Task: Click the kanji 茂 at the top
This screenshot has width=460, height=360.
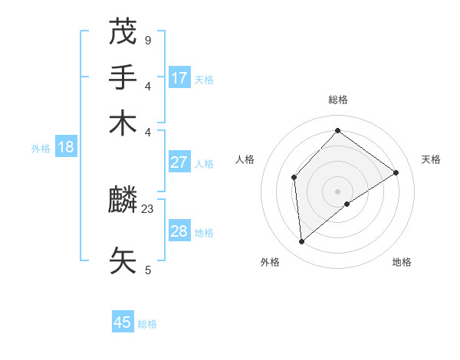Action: point(124,32)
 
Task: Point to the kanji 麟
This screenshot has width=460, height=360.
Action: point(124,201)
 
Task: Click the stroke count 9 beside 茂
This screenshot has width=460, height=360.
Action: point(147,40)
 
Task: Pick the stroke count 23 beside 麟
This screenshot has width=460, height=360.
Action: point(148,208)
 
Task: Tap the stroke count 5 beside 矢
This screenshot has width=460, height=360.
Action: point(147,270)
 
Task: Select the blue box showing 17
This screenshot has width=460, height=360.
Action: point(179,77)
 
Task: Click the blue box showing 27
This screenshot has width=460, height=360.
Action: point(179,162)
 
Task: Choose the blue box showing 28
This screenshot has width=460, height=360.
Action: point(179,231)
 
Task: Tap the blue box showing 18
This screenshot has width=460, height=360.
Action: point(65,147)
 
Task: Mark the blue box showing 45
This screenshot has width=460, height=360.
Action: point(123,322)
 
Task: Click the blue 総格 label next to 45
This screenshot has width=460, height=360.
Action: point(147,324)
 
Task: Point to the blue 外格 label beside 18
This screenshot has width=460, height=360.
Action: point(41,149)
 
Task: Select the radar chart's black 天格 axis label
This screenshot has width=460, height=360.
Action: point(431,159)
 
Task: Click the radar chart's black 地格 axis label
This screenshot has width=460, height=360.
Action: point(402,263)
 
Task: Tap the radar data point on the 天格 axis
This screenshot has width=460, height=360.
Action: point(396,172)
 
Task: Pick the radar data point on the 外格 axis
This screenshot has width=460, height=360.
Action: point(302,242)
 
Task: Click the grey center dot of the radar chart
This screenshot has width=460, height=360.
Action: point(338,191)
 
